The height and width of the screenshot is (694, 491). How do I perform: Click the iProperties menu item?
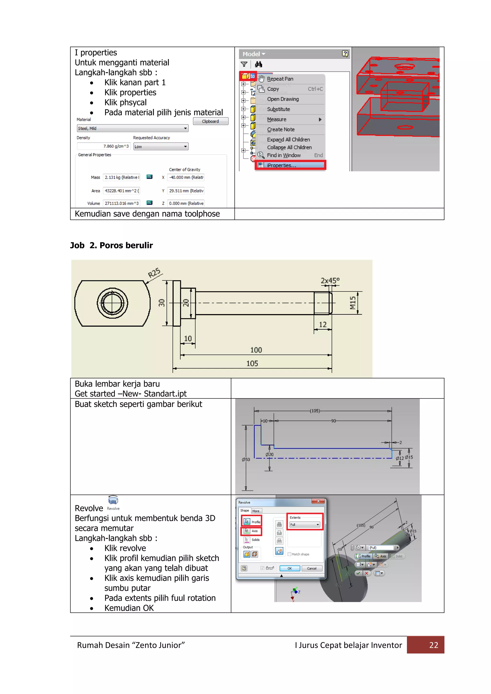(281, 165)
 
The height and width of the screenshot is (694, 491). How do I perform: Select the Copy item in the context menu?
(273, 89)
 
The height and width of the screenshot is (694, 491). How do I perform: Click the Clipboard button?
(210, 121)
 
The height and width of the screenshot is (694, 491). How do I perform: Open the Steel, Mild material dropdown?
(132, 128)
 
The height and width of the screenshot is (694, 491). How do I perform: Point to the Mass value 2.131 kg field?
(122, 177)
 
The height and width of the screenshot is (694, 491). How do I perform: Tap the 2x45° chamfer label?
(330, 281)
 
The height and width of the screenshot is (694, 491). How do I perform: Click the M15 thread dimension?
(352, 303)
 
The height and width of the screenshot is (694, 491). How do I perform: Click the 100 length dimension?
(256, 350)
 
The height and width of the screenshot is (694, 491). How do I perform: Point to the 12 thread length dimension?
(323, 325)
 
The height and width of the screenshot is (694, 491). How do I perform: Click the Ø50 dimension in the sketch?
(246, 459)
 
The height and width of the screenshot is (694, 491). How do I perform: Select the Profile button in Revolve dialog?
(251, 522)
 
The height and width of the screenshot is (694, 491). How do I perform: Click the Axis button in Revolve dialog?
(251, 531)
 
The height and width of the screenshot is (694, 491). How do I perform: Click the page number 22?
(433, 645)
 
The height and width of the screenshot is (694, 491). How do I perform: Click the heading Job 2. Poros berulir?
(111, 245)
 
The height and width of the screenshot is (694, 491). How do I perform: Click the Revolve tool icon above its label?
(113, 500)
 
